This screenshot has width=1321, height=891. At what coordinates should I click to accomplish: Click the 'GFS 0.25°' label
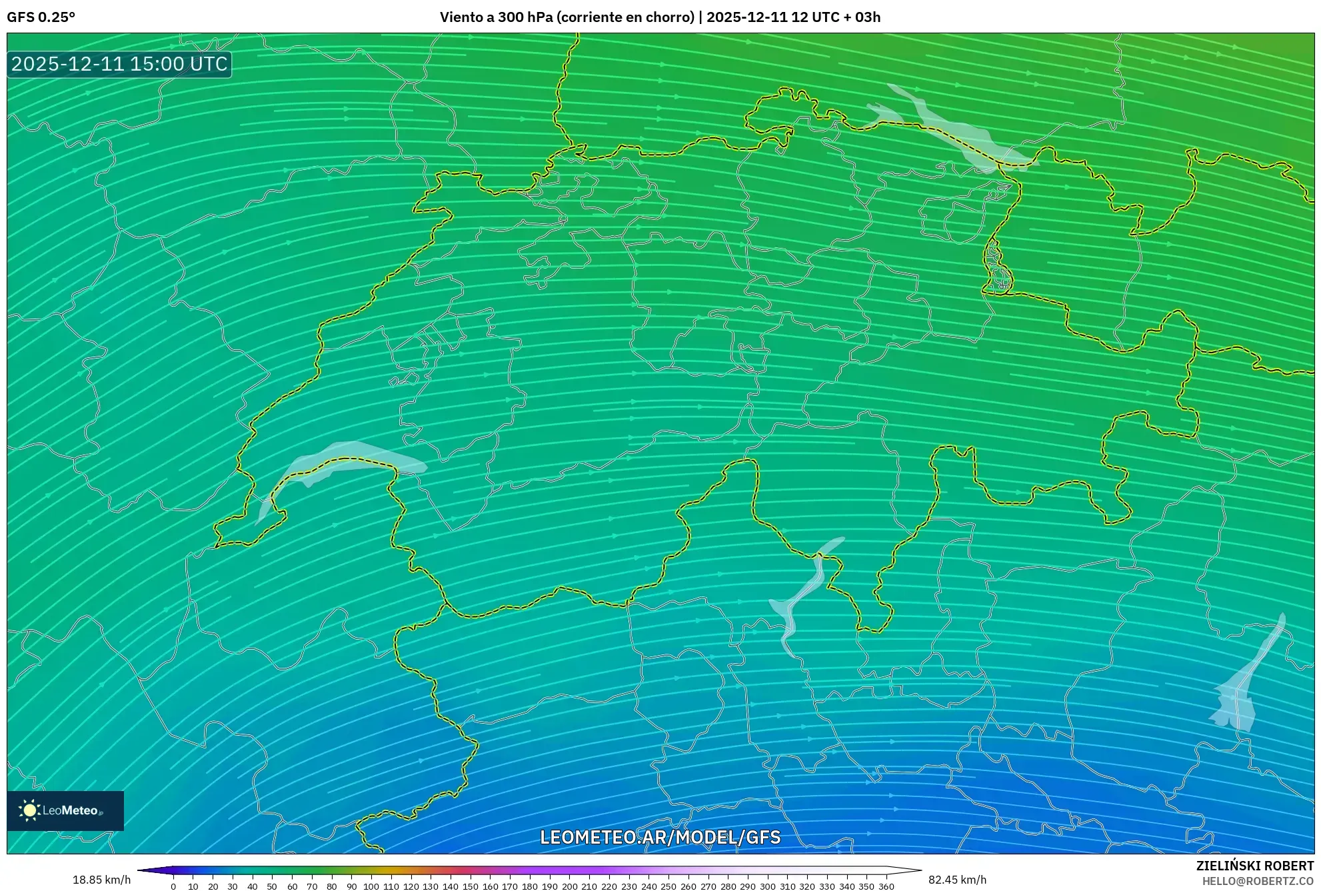coord(41,17)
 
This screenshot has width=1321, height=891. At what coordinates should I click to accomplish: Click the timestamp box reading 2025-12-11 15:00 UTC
coord(119,64)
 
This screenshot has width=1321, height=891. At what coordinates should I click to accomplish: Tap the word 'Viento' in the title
coord(461,17)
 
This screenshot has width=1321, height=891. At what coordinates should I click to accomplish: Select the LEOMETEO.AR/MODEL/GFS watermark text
coord(660,837)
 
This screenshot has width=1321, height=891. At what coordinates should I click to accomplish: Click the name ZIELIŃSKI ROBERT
coord(1254,866)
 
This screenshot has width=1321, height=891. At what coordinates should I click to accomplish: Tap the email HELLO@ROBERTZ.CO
coord(1258,881)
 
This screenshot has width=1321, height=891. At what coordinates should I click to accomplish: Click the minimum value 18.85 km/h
coord(101,880)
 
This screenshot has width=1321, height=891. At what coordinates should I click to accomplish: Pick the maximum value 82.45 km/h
coord(957,880)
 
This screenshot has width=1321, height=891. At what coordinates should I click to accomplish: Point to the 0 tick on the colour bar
coord(173,886)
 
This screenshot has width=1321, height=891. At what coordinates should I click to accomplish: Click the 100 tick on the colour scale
coord(371,886)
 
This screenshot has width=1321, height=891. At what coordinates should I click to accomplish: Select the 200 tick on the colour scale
coord(569,886)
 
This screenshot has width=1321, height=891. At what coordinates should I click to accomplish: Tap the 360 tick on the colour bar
coord(886,886)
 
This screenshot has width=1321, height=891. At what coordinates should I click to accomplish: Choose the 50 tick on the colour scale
coord(272,886)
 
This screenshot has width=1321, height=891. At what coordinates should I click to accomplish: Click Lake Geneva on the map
coord(347,460)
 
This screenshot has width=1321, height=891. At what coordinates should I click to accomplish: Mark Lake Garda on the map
coord(1240,693)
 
